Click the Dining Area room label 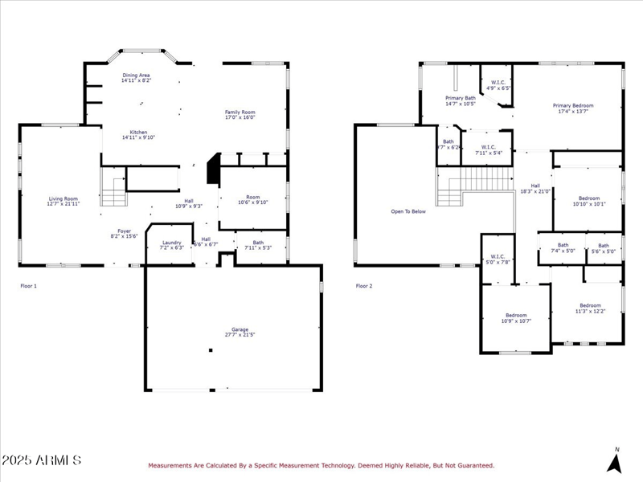[x=136, y=76]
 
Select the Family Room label [x=240, y=112]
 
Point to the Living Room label [x=63, y=198]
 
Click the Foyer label [x=125, y=231]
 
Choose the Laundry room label [x=171, y=243]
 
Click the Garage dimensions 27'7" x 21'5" [x=240, y=335]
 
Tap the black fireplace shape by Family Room [x=213, y=170]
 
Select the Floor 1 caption [x=28, y=286]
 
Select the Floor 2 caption [x=364, y=286]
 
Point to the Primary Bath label [x=460, y=98]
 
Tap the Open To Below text [x=408, y=211]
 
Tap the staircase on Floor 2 [x=474, y=186]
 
